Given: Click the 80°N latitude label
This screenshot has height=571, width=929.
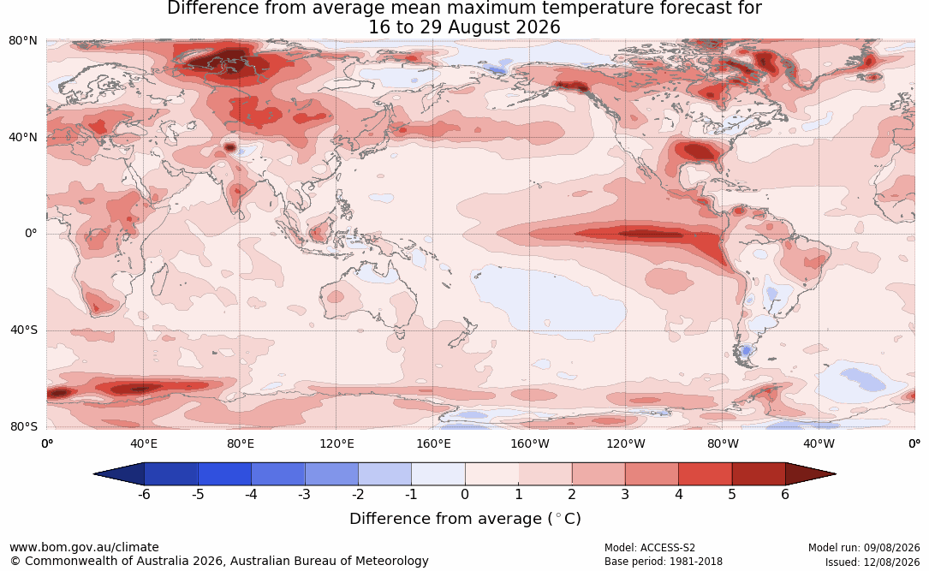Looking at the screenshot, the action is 22,41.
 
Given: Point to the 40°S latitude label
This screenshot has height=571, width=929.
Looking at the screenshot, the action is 24,330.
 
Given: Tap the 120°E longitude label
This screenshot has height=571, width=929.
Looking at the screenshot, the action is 336,443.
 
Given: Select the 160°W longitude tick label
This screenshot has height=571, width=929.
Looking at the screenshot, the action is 530,443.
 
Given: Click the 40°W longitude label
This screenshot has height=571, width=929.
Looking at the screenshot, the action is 819,443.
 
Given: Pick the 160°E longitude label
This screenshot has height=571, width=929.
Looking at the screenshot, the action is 433,443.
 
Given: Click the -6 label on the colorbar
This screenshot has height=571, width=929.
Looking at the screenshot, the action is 143,494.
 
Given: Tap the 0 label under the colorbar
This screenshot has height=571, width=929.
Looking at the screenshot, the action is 465,494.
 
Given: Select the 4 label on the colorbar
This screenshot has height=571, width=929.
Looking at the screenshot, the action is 678,494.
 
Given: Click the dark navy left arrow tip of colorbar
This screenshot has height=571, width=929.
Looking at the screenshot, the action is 94,474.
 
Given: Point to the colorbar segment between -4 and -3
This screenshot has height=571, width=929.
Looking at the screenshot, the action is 278,474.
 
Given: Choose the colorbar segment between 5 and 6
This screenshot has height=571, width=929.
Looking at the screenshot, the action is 759,474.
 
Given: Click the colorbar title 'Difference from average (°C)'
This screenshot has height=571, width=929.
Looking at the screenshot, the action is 465,519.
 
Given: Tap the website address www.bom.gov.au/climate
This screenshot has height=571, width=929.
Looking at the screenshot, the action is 84,547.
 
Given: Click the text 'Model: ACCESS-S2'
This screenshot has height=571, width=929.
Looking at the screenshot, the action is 649,548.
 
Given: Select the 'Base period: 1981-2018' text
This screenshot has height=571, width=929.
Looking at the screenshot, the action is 663,562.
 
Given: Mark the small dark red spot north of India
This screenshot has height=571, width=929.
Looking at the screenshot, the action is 229,146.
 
